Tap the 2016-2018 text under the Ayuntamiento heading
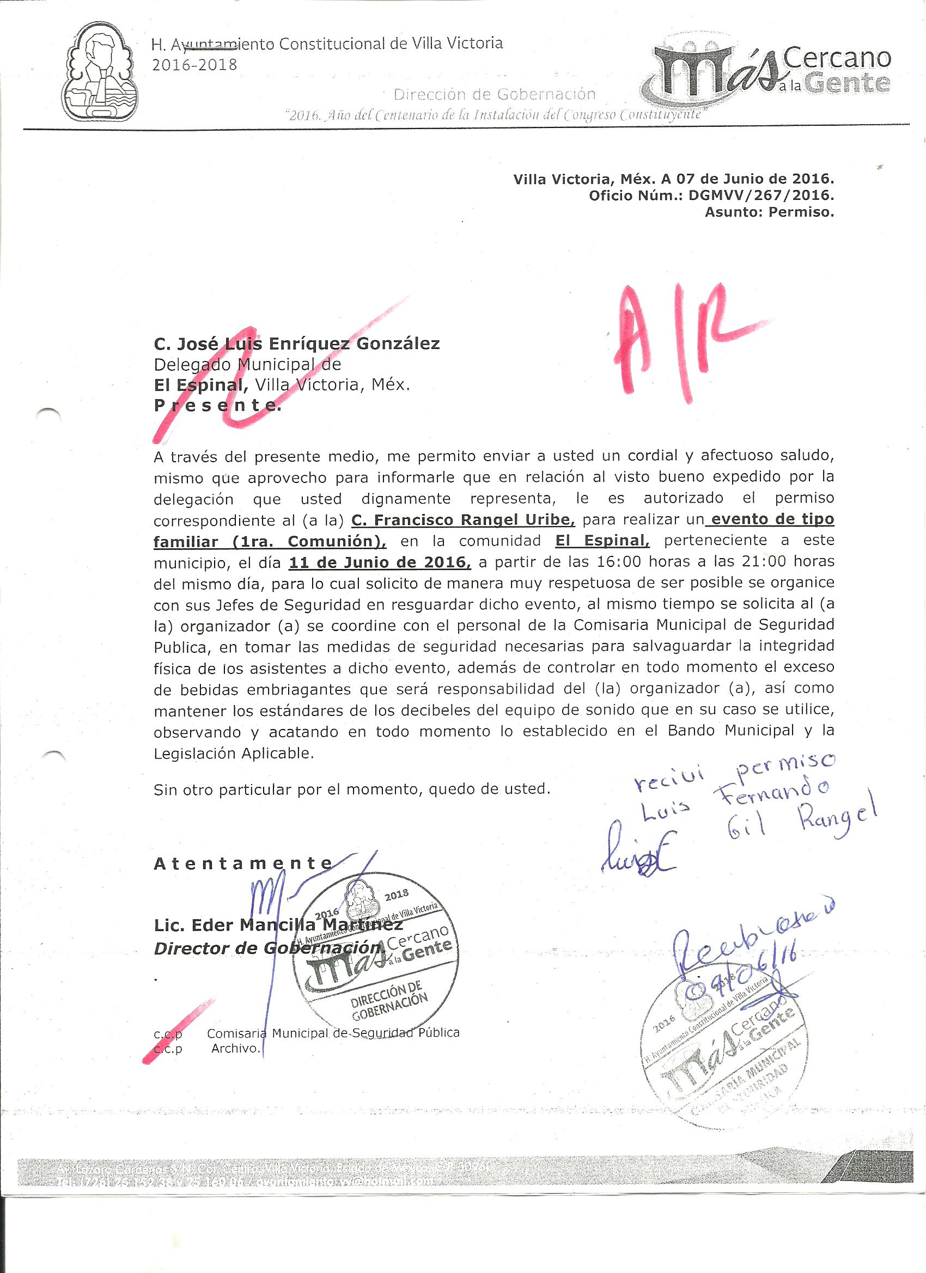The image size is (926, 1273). coord(194,65)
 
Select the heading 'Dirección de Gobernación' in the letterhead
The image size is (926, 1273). coord(494,94)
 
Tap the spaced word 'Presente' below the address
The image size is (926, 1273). coord(217,405)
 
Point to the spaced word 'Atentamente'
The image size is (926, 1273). coord(243,864)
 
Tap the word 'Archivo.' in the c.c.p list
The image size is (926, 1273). coord(236,1048)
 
